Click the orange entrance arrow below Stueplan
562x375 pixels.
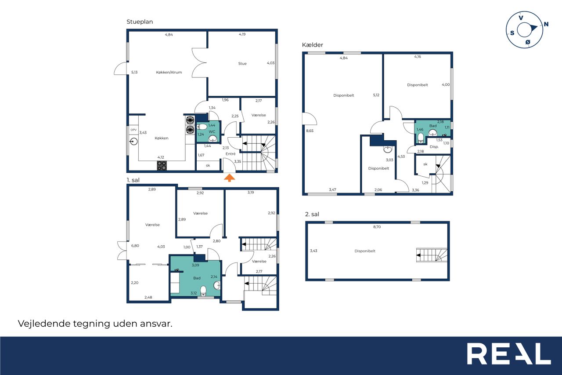(x=229, y=178)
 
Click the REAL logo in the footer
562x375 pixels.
(x=509, y=353)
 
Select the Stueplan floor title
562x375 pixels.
(x=140, y=22)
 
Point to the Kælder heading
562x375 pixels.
(x=312, y=45)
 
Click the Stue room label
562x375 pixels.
(x=242, y=64)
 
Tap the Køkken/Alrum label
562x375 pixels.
(x=169, y=73)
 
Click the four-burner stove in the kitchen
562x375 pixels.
(x=162, y=166)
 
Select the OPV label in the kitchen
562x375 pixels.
(x=133, y=130)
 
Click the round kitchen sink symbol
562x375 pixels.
(x=134, y=142)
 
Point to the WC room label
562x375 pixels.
(x=212, y=131)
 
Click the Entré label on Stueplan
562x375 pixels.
(x=231, y=154)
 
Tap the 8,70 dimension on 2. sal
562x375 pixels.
(x=377, y=227)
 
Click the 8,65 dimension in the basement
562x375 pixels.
(x=310, y=131)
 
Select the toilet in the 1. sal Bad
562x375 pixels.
(x=203, y=291)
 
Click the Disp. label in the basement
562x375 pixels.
(x=434, y=147)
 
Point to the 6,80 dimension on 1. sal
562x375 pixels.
(x=135, y=246)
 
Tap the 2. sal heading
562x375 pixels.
(x=312, y=214)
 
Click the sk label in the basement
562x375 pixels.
(x=425, y=164)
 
